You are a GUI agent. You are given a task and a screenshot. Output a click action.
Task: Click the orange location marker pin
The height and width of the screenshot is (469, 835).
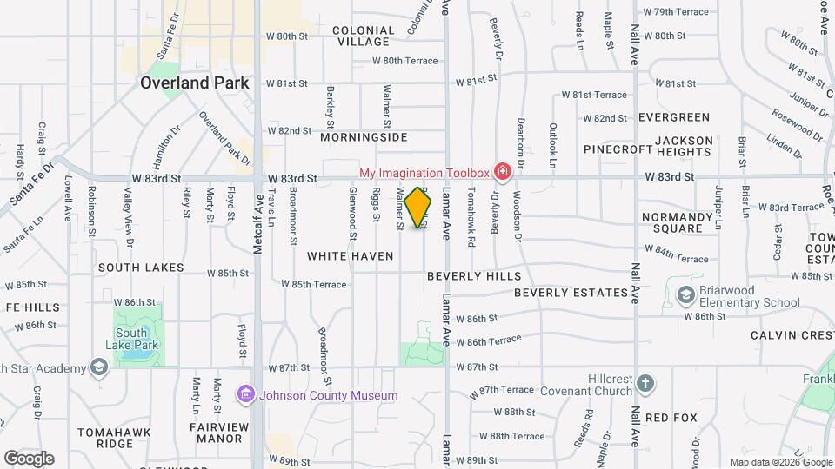click(x=418, y=207)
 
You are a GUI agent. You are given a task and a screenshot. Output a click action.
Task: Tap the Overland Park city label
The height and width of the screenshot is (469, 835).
click(x=195, y=83)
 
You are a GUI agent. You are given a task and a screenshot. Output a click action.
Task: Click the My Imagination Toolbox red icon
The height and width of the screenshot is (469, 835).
click(x=502, y=173)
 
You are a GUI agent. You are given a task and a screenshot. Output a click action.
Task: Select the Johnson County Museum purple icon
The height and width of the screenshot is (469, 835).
click(x=246, y=395)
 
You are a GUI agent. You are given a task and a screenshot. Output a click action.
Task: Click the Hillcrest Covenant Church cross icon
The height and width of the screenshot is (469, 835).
click(x=645, y=383)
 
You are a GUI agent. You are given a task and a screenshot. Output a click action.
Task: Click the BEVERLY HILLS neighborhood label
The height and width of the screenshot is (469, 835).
click(x=473, y=275)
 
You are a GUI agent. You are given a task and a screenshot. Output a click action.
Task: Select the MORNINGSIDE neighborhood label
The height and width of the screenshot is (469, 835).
click(x=364, y=137)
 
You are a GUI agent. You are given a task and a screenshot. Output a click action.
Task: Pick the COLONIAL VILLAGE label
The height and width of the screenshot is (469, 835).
click(x=364, y=36)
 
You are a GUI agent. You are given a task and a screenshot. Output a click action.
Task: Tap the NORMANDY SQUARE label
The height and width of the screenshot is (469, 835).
click(x=684, y=222)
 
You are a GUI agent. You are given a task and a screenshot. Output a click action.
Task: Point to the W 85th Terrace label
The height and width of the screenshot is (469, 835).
click(x=308, y=284)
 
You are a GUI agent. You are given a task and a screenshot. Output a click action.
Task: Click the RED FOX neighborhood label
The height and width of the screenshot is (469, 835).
click(x=671, y=418)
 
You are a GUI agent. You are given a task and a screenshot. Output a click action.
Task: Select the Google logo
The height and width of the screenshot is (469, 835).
click(x=29, y=459)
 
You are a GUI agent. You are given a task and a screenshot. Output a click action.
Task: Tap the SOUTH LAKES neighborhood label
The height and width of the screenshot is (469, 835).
click(x=141, y=268)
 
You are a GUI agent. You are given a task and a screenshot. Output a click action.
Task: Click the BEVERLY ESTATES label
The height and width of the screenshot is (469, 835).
click(x=571, y=293)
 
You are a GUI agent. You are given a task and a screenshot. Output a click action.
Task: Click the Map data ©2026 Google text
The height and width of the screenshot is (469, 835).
click(x=779, y=462)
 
